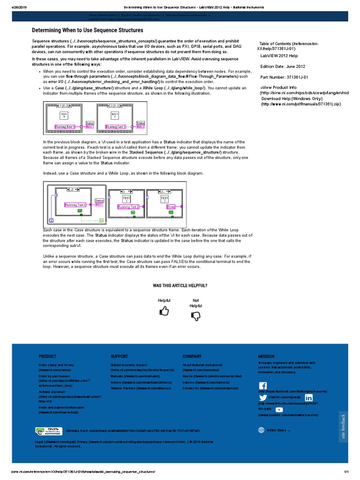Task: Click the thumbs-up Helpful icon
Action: (164, 311)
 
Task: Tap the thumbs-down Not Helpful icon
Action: (196, 316)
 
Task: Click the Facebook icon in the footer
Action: (263, 385)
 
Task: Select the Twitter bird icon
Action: (263, 398)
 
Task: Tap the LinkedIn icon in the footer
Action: (308, 398)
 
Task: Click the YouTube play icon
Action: (279, 410)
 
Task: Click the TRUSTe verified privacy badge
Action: (48, 430)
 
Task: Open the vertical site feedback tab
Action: (343, 427)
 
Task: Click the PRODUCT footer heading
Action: (47, 356)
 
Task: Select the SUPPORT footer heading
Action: (119, 356)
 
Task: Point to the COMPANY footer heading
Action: (192, 356)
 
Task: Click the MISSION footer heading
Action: (266, 356)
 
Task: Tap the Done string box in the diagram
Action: (171, 206)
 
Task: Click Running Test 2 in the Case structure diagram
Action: (128, 206)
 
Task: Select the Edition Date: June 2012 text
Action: (283, 66)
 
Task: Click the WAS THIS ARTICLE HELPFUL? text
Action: (180, 285)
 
